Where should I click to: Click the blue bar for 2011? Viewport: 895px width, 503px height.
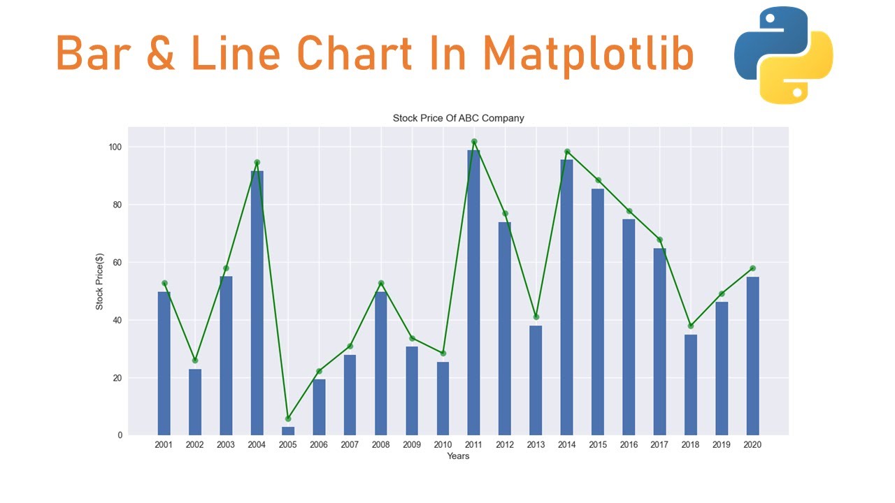point(474,293)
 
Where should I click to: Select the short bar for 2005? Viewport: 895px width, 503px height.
point(288,431)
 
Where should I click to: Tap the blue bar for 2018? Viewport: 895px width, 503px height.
point(691,385)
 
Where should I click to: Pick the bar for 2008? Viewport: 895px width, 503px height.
point(381,363)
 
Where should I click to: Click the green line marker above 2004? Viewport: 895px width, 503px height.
point(257,163)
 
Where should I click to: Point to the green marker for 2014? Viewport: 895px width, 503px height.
point(567,152)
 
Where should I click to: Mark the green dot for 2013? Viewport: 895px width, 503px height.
point(536,317)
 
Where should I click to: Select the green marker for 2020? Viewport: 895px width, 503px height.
point(753,268)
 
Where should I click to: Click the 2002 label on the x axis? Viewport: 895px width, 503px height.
point(194,445)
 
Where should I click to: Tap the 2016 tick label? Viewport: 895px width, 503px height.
point(629,445)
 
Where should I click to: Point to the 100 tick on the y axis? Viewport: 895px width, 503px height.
point(115,147)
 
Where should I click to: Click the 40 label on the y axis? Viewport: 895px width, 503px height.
point(117,320)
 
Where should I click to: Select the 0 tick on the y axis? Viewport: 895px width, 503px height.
point(120,435)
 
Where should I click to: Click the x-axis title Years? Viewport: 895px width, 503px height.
point(458,456)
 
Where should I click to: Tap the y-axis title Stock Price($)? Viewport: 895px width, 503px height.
point(99,282)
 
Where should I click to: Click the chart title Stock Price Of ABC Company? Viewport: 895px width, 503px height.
point(458,118)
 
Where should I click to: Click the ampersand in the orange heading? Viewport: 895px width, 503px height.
point(161,53)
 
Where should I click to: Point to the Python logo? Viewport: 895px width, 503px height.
point(784,55)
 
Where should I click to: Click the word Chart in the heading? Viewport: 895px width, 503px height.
point(355,53)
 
